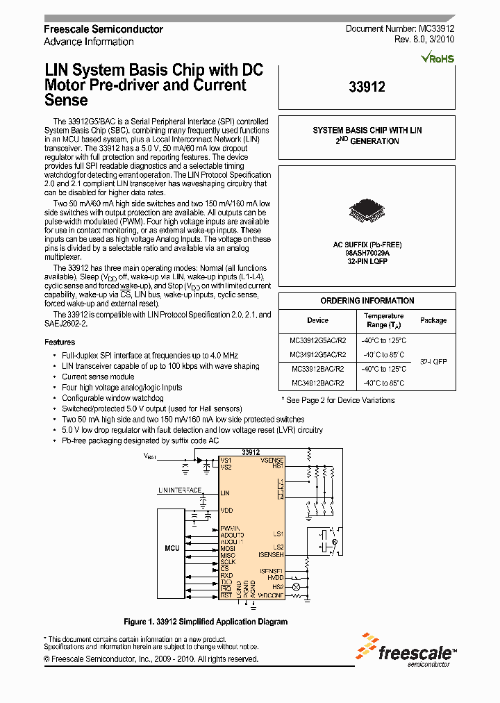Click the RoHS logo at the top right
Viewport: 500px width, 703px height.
(x=438, y=58)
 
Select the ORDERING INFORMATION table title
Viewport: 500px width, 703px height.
(x=367, y=301)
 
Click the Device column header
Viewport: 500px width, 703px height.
(x=317, y=320)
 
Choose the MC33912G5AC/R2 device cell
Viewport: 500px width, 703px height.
(x=317, y=341)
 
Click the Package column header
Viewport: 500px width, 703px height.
(x=433, y=320)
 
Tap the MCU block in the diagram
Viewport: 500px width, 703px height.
(x=172, y=548)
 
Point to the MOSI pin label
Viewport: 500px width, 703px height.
(x=227, y=549)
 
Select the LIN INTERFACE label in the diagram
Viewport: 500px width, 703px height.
(x=179, y=490)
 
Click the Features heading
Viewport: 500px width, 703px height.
(x=60, y=342)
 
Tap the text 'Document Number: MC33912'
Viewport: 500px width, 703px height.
(x=400, y=29)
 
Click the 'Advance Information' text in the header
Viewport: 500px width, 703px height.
(x=89, y=42)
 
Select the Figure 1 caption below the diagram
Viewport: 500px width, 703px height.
(x=205, y=622)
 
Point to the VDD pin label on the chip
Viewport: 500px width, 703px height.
(x=226, y=511)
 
